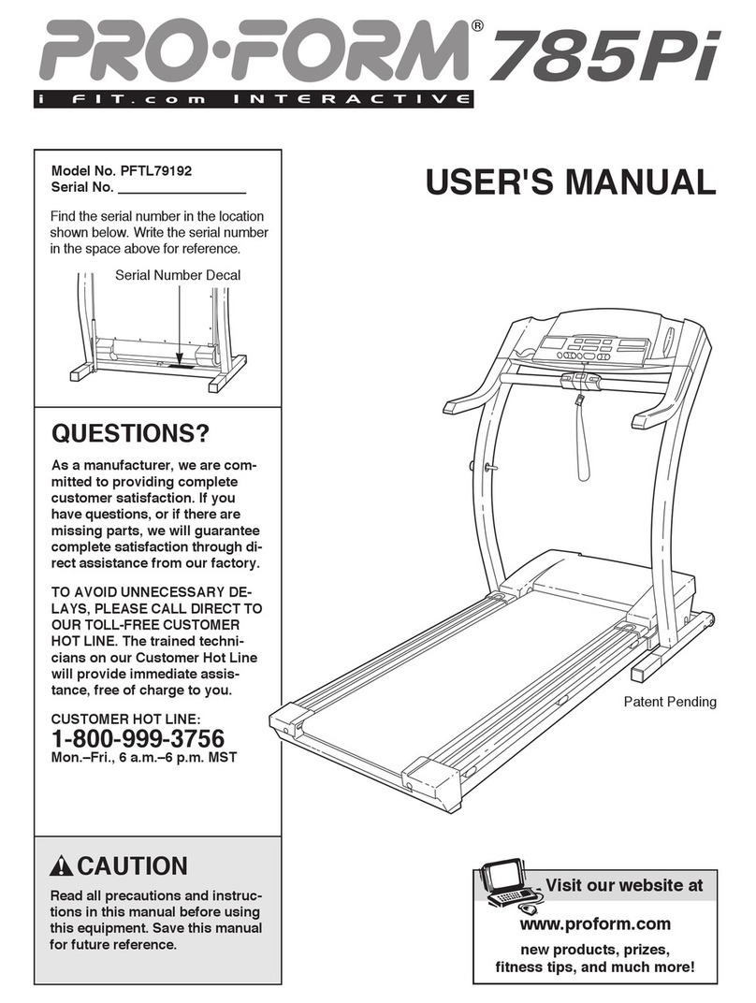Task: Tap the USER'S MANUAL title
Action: click(571, 182)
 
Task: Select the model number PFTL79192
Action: click(161, 171)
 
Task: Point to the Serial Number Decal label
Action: click(178, 274)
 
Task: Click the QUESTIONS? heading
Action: click(129, 434)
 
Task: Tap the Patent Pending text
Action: click(669, 701)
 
